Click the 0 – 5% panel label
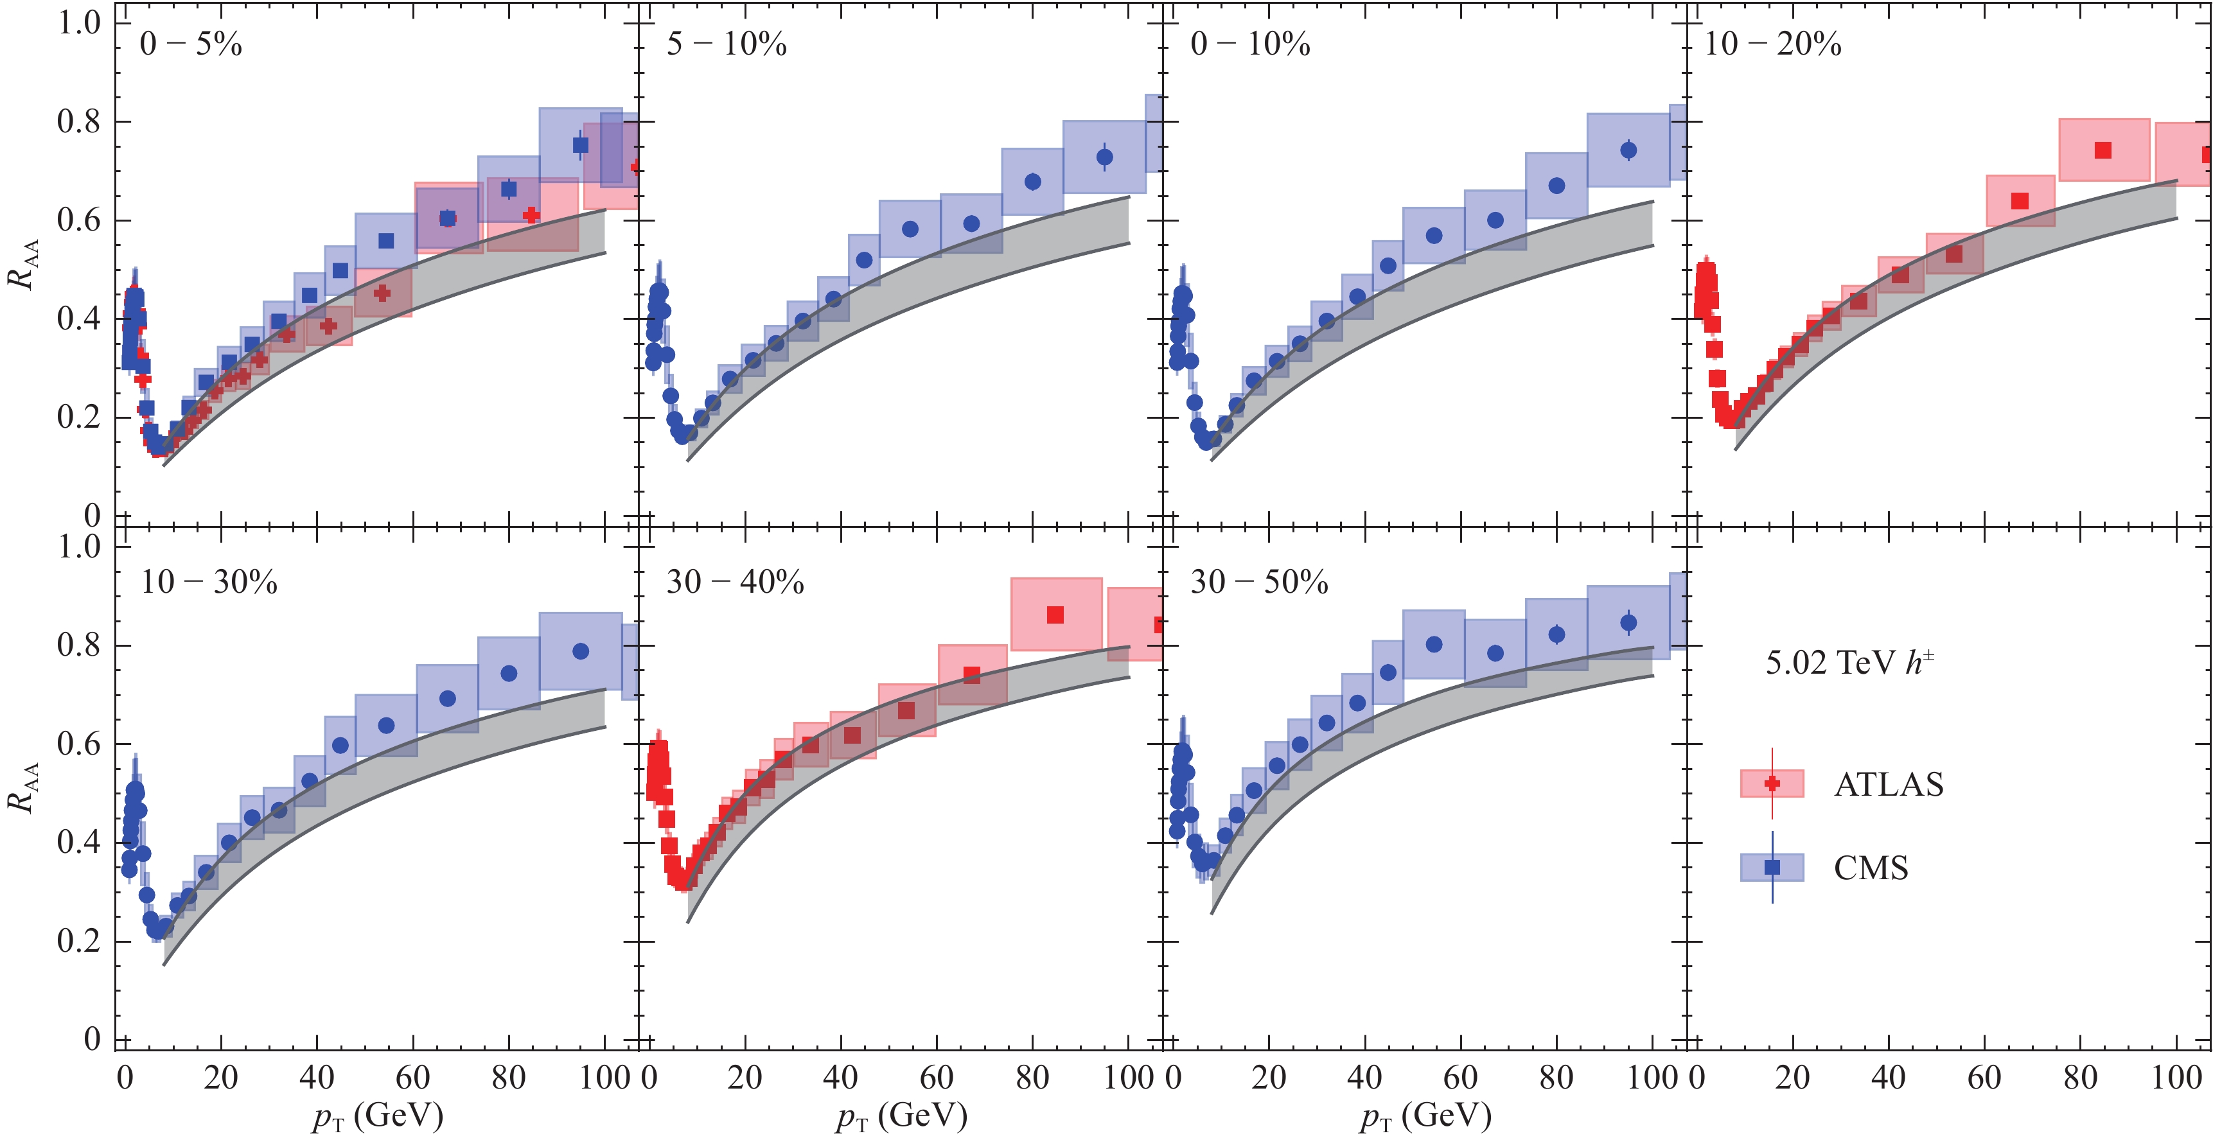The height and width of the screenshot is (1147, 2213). (191, 44)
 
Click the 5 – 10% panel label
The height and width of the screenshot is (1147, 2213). (727, 44)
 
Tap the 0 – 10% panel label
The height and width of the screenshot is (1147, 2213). (1251, 44)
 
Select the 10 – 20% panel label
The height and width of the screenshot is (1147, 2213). (1773, 44)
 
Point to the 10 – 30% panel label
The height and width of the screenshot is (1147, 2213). (209, 582)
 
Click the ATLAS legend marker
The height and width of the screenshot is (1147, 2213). (1772, 784)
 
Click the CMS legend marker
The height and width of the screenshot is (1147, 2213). (1772, 867)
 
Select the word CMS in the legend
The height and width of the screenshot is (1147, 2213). (1871, 868)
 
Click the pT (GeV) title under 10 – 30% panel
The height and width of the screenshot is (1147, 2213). (378, 1116)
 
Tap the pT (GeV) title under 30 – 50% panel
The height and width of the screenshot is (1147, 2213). (1426, 1116)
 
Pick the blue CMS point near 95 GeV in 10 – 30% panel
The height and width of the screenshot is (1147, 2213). (581, 651)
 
